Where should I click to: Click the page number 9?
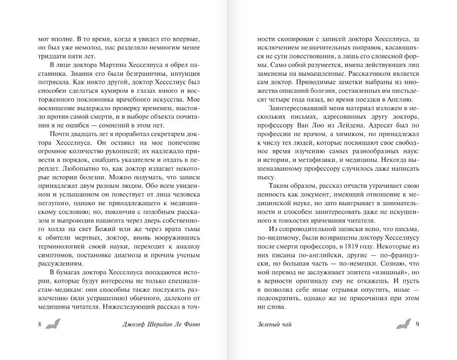417,324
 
